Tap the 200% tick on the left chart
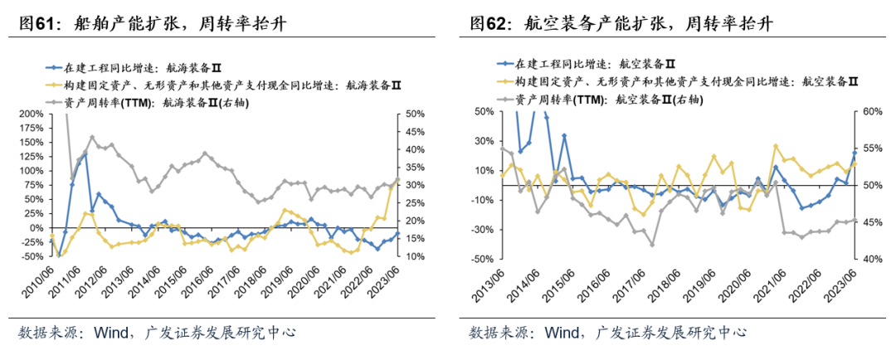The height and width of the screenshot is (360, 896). (31, 114)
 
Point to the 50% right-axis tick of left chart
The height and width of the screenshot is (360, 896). (416, 114)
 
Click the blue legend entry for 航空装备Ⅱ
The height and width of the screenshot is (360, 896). (594, 65)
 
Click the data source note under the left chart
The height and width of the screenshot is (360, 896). (157, 333)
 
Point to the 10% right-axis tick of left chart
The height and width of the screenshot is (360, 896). (416, 257)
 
